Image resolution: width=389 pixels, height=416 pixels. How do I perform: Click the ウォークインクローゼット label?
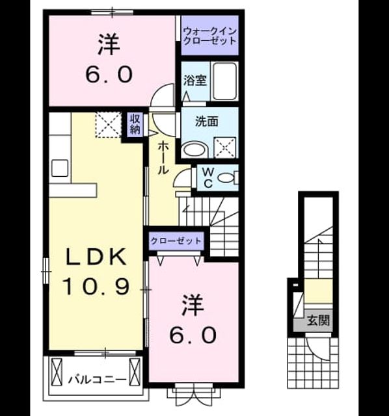pos(209,36)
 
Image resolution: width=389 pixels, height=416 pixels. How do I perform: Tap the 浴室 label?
pos(195,81)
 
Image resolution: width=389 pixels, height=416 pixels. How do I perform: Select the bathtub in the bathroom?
pos(224,81)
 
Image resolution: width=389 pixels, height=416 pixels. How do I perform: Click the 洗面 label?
pos(207,122)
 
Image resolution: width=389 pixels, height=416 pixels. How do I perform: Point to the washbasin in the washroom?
pos(195,150)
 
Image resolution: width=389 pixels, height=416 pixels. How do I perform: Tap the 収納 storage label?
pos(135,124)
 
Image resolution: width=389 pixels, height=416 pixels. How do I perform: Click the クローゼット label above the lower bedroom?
pos(176,241)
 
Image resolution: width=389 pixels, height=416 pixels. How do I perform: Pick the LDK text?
pos(96,257)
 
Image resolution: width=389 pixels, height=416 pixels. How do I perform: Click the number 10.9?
pos(96,287)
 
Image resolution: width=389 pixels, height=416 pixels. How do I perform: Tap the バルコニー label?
pos(98,380)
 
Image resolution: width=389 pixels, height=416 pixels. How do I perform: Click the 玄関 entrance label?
pos(318,320)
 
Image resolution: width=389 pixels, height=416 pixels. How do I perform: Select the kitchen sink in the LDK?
pos(60,168)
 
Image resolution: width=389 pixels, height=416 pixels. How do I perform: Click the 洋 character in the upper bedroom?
pos(109,45)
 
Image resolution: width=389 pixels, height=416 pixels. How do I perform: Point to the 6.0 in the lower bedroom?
pos(193,335)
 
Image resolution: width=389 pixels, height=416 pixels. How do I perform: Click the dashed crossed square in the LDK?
pos(109,125)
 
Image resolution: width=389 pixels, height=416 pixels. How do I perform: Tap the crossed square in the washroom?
pos(224,148)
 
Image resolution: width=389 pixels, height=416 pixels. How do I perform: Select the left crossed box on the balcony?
pos(57,372)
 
